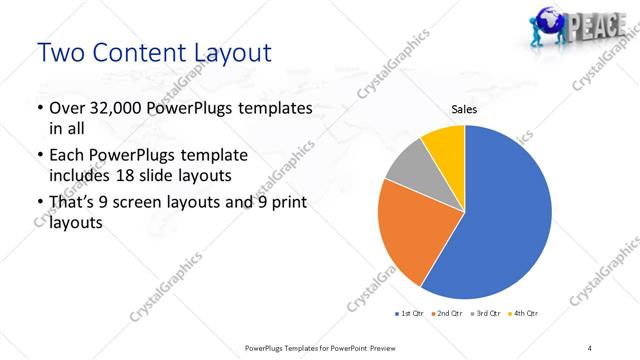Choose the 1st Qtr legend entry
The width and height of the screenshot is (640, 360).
click(409, 314)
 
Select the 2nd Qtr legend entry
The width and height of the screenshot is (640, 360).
click(446, 314)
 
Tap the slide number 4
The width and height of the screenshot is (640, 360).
click(590, 347)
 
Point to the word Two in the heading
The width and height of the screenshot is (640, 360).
click(63, 51)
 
